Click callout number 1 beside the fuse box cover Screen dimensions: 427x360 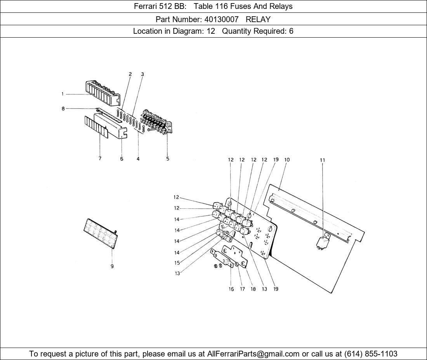[x=62, y=94]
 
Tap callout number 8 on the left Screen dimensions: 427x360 [x=63, y=109]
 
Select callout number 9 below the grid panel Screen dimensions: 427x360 [x=112, y=267]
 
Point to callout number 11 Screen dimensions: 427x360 [x=323, y=160]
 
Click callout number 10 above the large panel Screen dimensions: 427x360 [x=287, y=160]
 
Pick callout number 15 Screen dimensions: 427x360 [x=177, y=263]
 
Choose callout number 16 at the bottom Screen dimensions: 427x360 [x=231, y=289]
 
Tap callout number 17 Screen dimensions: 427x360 [x=242, y=289]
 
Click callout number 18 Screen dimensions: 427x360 [x=253, y=289]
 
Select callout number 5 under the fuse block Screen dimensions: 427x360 [x=168, y=159]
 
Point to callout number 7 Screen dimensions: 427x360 [x=100, y=158]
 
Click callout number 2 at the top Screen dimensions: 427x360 [x=130, y=74]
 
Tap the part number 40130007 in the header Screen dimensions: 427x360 [x=221, y=19]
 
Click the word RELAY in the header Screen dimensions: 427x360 [x=258, y=19]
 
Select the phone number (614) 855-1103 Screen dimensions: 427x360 [x=371, y=354]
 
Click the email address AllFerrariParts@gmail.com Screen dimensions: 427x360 [x=253, y=354]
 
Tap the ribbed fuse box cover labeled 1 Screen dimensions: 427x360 [x=103, y=93]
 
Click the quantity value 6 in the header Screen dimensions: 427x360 [x=291, y=31]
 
